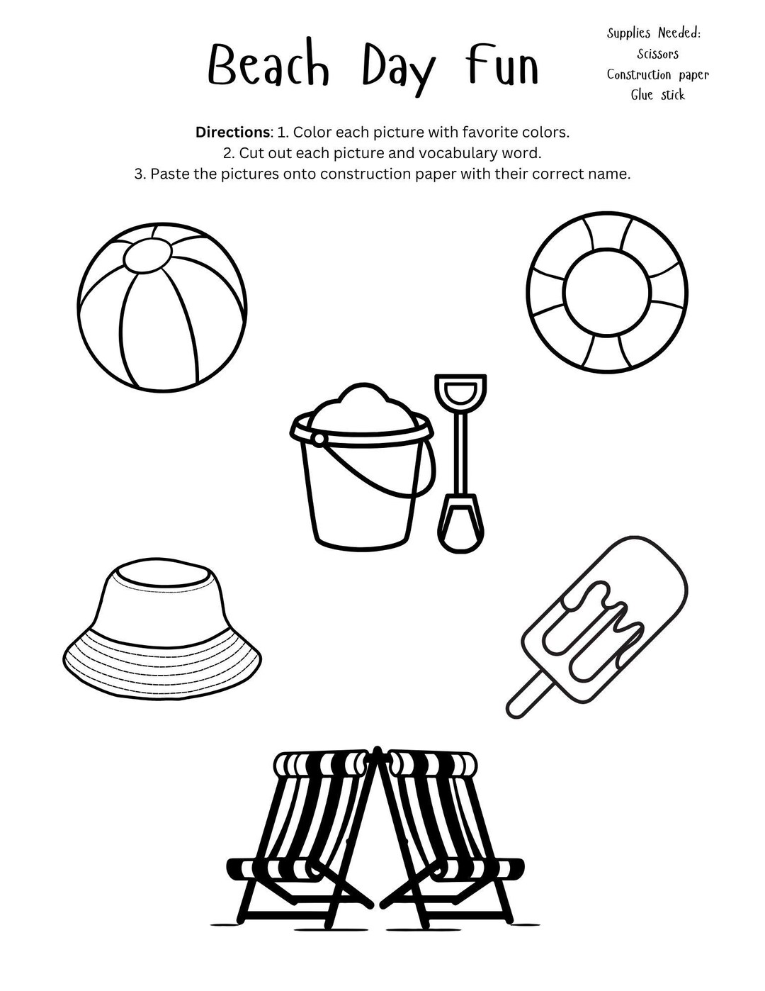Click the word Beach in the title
(268, 69)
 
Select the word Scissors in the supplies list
(657, 54)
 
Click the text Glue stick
(658, 95)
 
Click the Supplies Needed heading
(654, 33)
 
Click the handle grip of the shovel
(460, 388)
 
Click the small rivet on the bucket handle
(319, 439)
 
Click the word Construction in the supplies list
(637, 74)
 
